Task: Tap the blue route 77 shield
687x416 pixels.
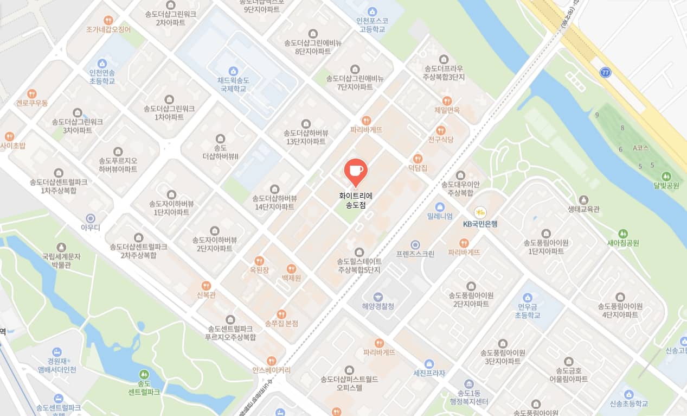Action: pyautogui.click(x=606, y=72)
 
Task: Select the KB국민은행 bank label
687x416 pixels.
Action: pyautogui.click(x=480, y=223)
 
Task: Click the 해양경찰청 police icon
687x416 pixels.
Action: pyautogui.click(x=378, y=297)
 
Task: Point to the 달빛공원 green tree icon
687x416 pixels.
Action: pyautogui.click(x=666, y=176)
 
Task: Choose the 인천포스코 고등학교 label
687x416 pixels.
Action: pyautogui.click(x=372, y=25)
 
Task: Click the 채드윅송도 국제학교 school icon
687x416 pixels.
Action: pyautogui.click(x=233, y=71)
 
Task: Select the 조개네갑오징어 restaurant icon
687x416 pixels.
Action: pyautogui.click(x=108, y=20)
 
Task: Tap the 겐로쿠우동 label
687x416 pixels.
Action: pyautogui.click(x=32, y=103)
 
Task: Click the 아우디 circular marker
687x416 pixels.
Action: pyautogui.click(x=91, y=218)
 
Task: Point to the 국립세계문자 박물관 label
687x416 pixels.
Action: pyautogui.click(x=61, y=260)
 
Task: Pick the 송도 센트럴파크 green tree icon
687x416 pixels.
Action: pyautogui.click(x=144, y=374)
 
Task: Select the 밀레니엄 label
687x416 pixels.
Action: pyautogui.click(x=440, y=216)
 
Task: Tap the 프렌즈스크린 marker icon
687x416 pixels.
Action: pyautogui.click(x=415, y=245)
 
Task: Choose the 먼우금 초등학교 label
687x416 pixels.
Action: pyautogui.click(x=527, y=311)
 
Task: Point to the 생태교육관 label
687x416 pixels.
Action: pyautogui.click(x=583, y=209)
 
